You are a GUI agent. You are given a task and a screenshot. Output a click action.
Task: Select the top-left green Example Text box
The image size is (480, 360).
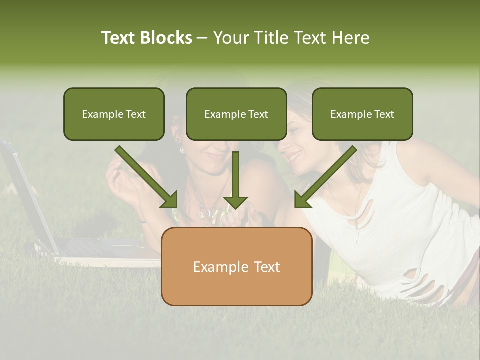(114, 114)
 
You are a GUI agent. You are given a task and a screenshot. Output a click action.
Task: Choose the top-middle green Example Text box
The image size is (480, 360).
(236, 114)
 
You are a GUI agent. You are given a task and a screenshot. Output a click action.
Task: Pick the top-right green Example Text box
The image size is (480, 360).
(362, 114)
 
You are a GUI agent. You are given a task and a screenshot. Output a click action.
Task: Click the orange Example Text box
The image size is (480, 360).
(236, 267)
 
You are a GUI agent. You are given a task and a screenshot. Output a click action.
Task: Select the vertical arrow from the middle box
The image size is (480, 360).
(236, 182)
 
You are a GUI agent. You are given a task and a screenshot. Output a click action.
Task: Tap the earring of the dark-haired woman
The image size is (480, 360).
(182, 149)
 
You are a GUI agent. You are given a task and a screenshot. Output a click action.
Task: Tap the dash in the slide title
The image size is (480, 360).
(202, 38)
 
